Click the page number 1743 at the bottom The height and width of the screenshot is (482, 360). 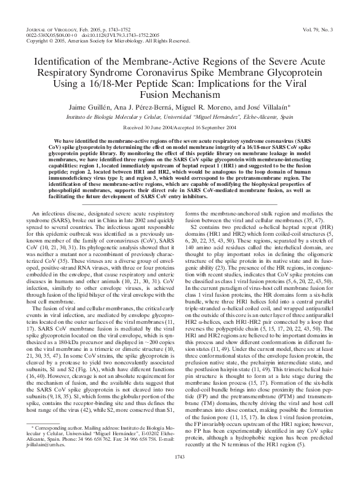pyautogui.click(x=180, y=473)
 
